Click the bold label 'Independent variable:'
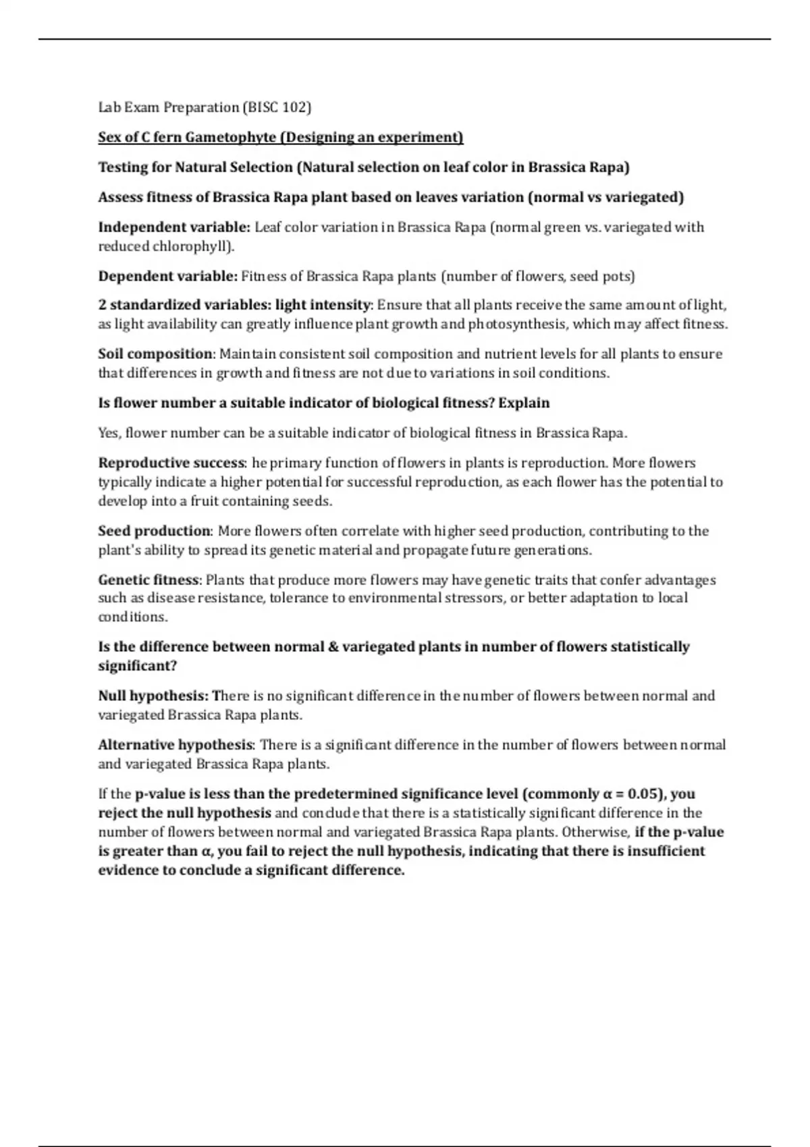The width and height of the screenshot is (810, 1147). tap(174, 227)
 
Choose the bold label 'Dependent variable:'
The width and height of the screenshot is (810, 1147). tap(168, 277)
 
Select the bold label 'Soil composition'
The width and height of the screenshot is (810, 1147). tap(155, 354)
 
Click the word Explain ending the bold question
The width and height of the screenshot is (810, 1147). tap(524, 403)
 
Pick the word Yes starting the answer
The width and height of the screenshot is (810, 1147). tap(109, 433)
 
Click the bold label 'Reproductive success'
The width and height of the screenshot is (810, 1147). tap(171, 464)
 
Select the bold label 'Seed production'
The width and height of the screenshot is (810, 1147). tap(155, 531)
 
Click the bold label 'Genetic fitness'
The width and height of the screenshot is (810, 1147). tap(149, 580)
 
